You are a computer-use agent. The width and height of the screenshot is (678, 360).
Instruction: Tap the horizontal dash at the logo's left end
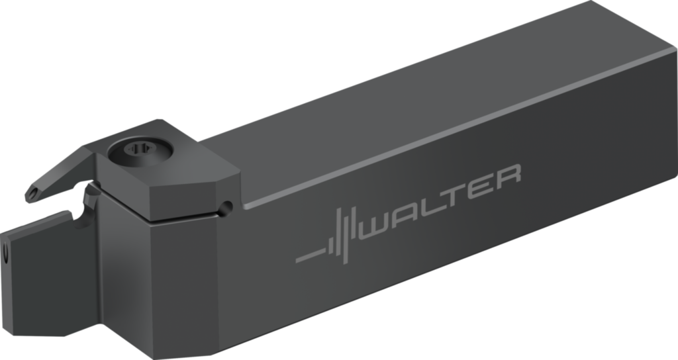click(x=311, y=255)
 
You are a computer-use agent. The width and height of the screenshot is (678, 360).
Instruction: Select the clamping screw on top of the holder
click(x=140, y=152)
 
